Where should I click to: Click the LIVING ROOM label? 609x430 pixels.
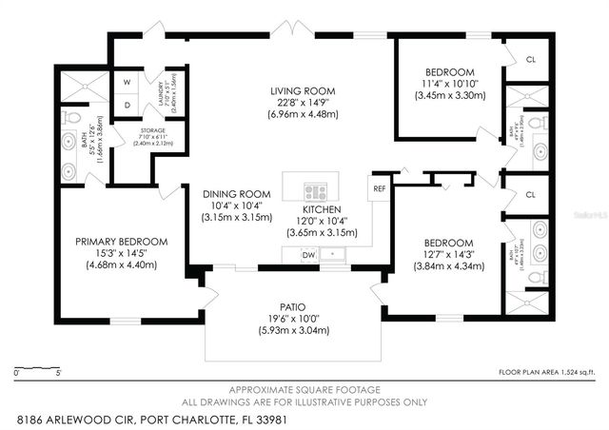(302, 91)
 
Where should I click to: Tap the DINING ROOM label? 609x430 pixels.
(230, 193)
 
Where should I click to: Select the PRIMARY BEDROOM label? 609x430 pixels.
(122, 242)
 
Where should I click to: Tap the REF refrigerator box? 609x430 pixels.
(380, 188)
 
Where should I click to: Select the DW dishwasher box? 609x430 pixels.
(308, 255)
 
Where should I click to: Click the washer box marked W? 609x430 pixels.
(128, 80)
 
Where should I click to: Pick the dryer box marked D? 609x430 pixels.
(128, 104)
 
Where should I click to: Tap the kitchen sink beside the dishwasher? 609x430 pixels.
(334, 254)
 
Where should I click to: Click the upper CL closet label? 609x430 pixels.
(530, 59)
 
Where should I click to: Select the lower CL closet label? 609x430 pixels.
(530, 194)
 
